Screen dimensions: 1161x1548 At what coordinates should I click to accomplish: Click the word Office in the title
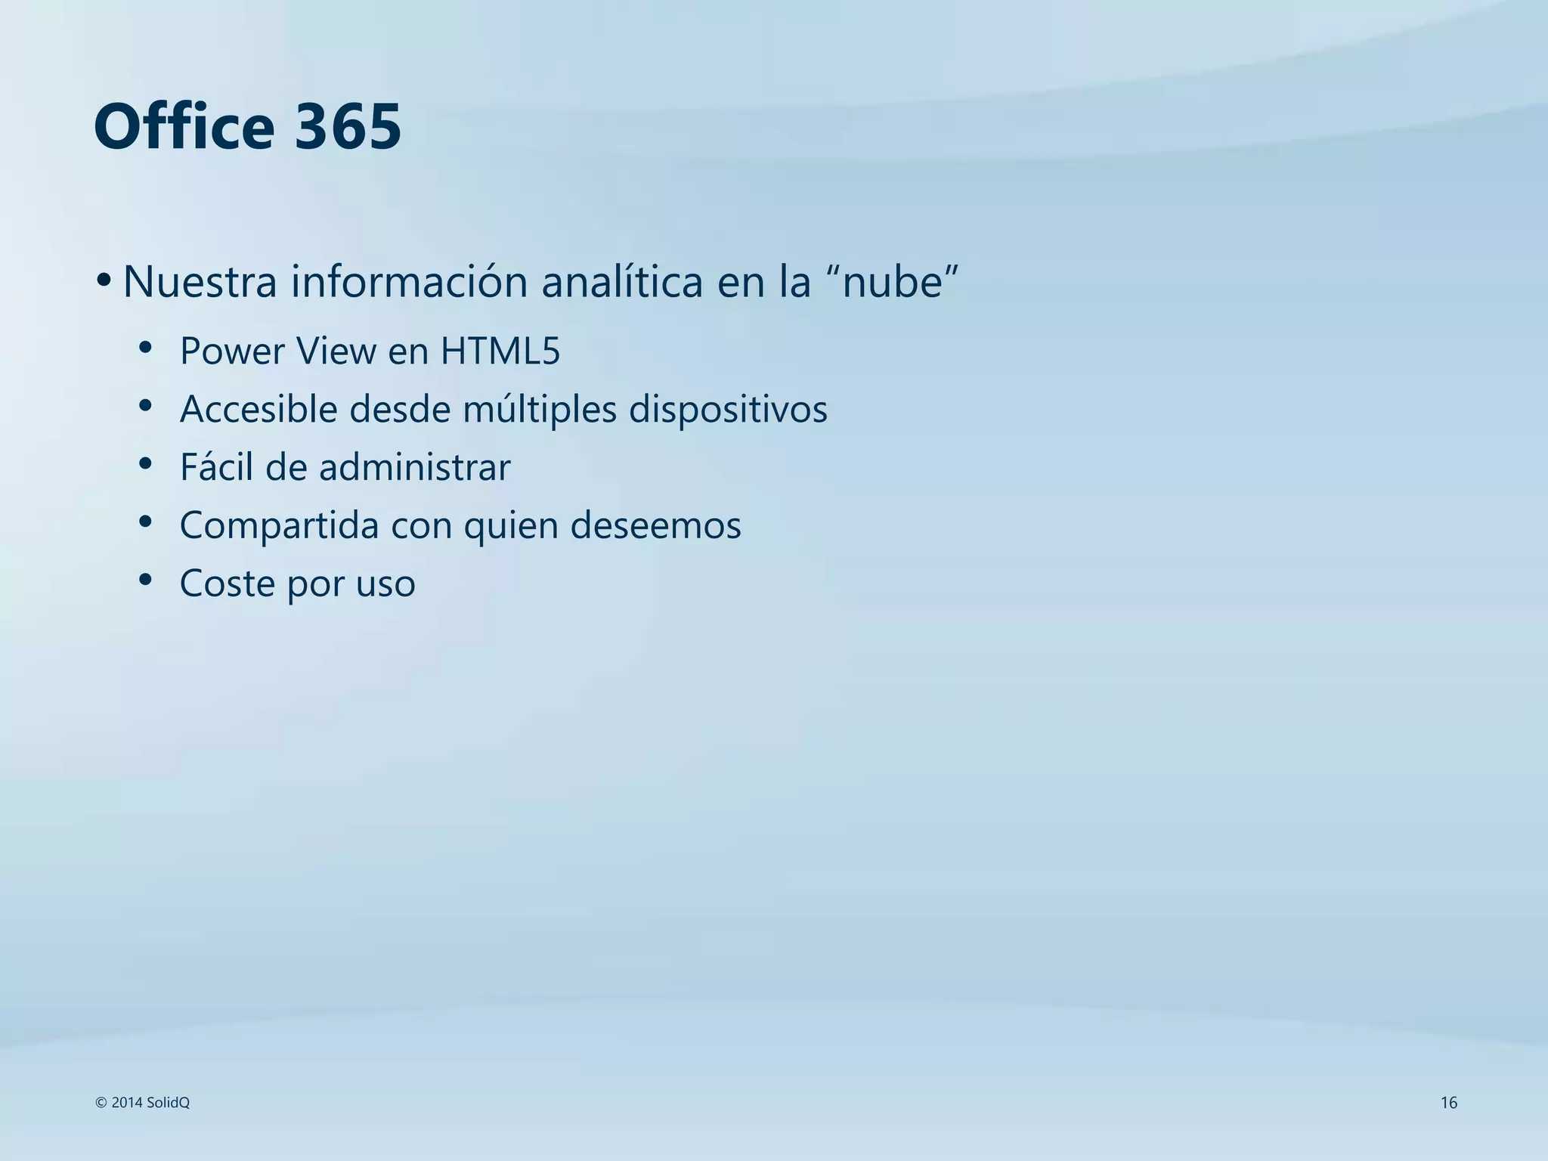(184, 126)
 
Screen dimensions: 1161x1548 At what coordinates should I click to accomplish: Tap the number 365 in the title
(347, 126)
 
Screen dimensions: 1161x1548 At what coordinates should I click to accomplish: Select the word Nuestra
(200, 281)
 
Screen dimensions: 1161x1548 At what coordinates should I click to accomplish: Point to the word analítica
(622, 281)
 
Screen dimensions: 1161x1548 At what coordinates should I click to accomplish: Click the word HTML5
(500, 351)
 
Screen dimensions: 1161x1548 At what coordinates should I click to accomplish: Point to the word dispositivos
(728, 409)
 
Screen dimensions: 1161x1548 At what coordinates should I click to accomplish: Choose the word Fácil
(216, 466)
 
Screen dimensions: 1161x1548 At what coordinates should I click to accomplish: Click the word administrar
(414, 466)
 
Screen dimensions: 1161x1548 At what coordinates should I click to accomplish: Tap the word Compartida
(279, 525)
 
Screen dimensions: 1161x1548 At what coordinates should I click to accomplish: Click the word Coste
(228, 583)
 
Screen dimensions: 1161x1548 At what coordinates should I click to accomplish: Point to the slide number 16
(1448, 1103)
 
